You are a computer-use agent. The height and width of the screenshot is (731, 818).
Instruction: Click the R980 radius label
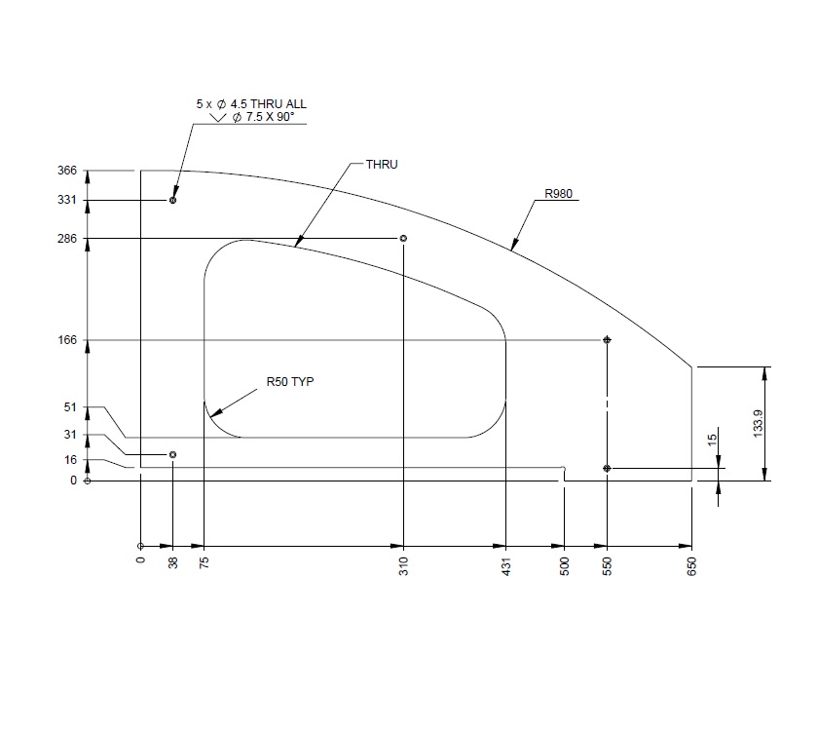pos(558,194)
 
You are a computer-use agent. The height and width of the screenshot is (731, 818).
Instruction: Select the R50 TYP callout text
pos(289,382)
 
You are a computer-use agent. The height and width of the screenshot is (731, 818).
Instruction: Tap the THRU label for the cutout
pos(381,164)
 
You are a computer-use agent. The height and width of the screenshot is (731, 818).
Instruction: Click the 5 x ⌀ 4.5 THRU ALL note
pos(251,103)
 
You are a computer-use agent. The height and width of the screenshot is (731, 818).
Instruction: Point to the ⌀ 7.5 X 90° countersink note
pos(261,117)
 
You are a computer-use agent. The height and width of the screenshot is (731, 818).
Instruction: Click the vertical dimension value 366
pos(66,171)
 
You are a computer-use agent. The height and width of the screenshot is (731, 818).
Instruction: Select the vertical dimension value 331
pos(66,201)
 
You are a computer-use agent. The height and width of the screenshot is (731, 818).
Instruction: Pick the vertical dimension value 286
pos(66,239)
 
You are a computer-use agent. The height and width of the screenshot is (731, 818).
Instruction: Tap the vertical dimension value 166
pos(66,340)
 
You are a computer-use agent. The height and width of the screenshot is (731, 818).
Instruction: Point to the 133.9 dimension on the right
pos(759,423)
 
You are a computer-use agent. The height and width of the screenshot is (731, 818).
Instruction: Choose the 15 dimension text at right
pos(713,442)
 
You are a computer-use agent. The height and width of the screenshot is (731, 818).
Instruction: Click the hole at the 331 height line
pos(173,201)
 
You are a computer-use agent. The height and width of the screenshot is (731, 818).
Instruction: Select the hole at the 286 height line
pos(403,239)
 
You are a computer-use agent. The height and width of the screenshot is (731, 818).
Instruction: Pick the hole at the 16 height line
pos(173,455)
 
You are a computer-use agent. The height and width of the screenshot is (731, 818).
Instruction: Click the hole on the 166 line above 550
pos(607,340)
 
